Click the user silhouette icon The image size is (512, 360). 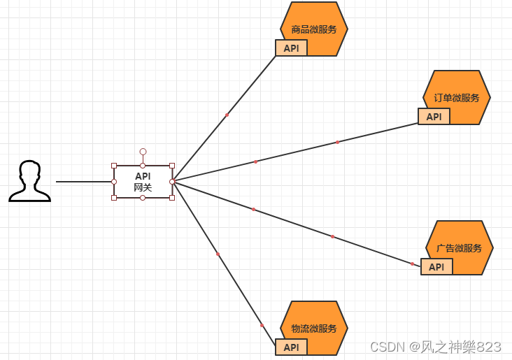tap(29, 181)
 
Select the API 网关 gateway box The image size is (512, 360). tap(143, 182)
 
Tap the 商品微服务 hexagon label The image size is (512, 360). tap(314, 29)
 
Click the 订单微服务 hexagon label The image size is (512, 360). tap(457, 98)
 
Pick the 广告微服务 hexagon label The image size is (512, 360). tap(460, 248)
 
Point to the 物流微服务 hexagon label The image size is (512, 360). tap(314, 329)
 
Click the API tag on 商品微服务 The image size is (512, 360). tap(291, 48)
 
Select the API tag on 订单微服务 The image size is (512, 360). tap(434, 117)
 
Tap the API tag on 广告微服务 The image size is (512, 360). tap(436, 267)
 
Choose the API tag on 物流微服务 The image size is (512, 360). tap(291, 347)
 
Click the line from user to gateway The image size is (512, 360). tap(84, 182)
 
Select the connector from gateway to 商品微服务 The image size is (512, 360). tap(227, 115)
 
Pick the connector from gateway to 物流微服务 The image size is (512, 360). tap(218, 254)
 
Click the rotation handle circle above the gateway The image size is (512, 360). tap(143, 151)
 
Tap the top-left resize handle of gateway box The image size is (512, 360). tap(114, 166)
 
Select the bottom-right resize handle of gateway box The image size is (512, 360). tap(172, 198)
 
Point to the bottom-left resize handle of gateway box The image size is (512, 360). tap(114, 198)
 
